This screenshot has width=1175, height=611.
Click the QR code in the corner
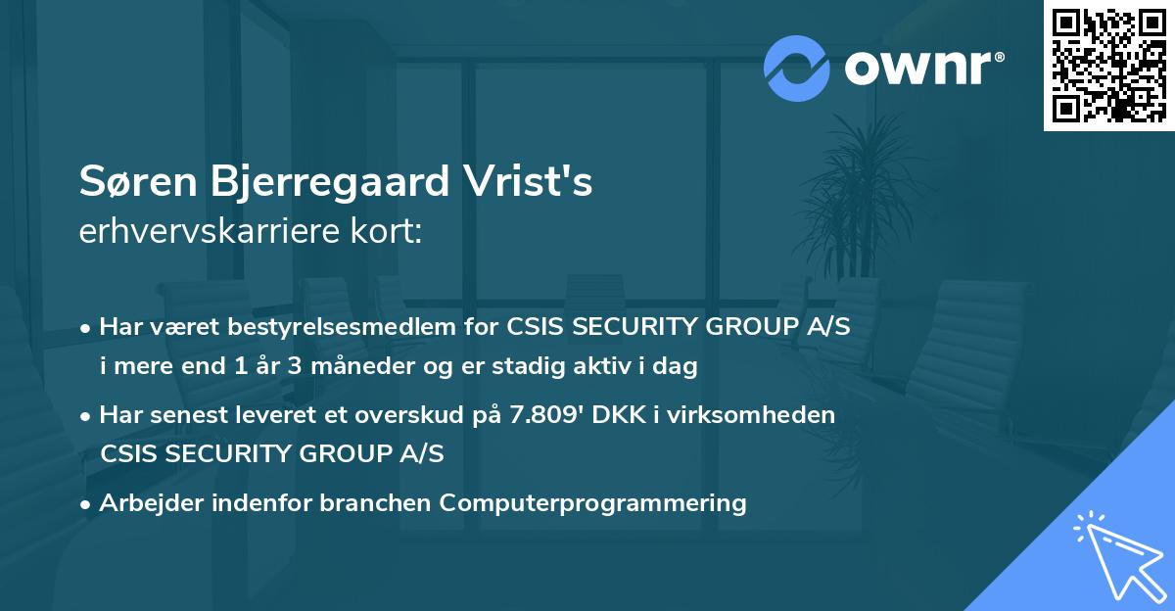click(1108, 65)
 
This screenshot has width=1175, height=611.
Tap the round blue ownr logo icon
click(797, 68)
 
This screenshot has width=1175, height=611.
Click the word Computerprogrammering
click(592, 503)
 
